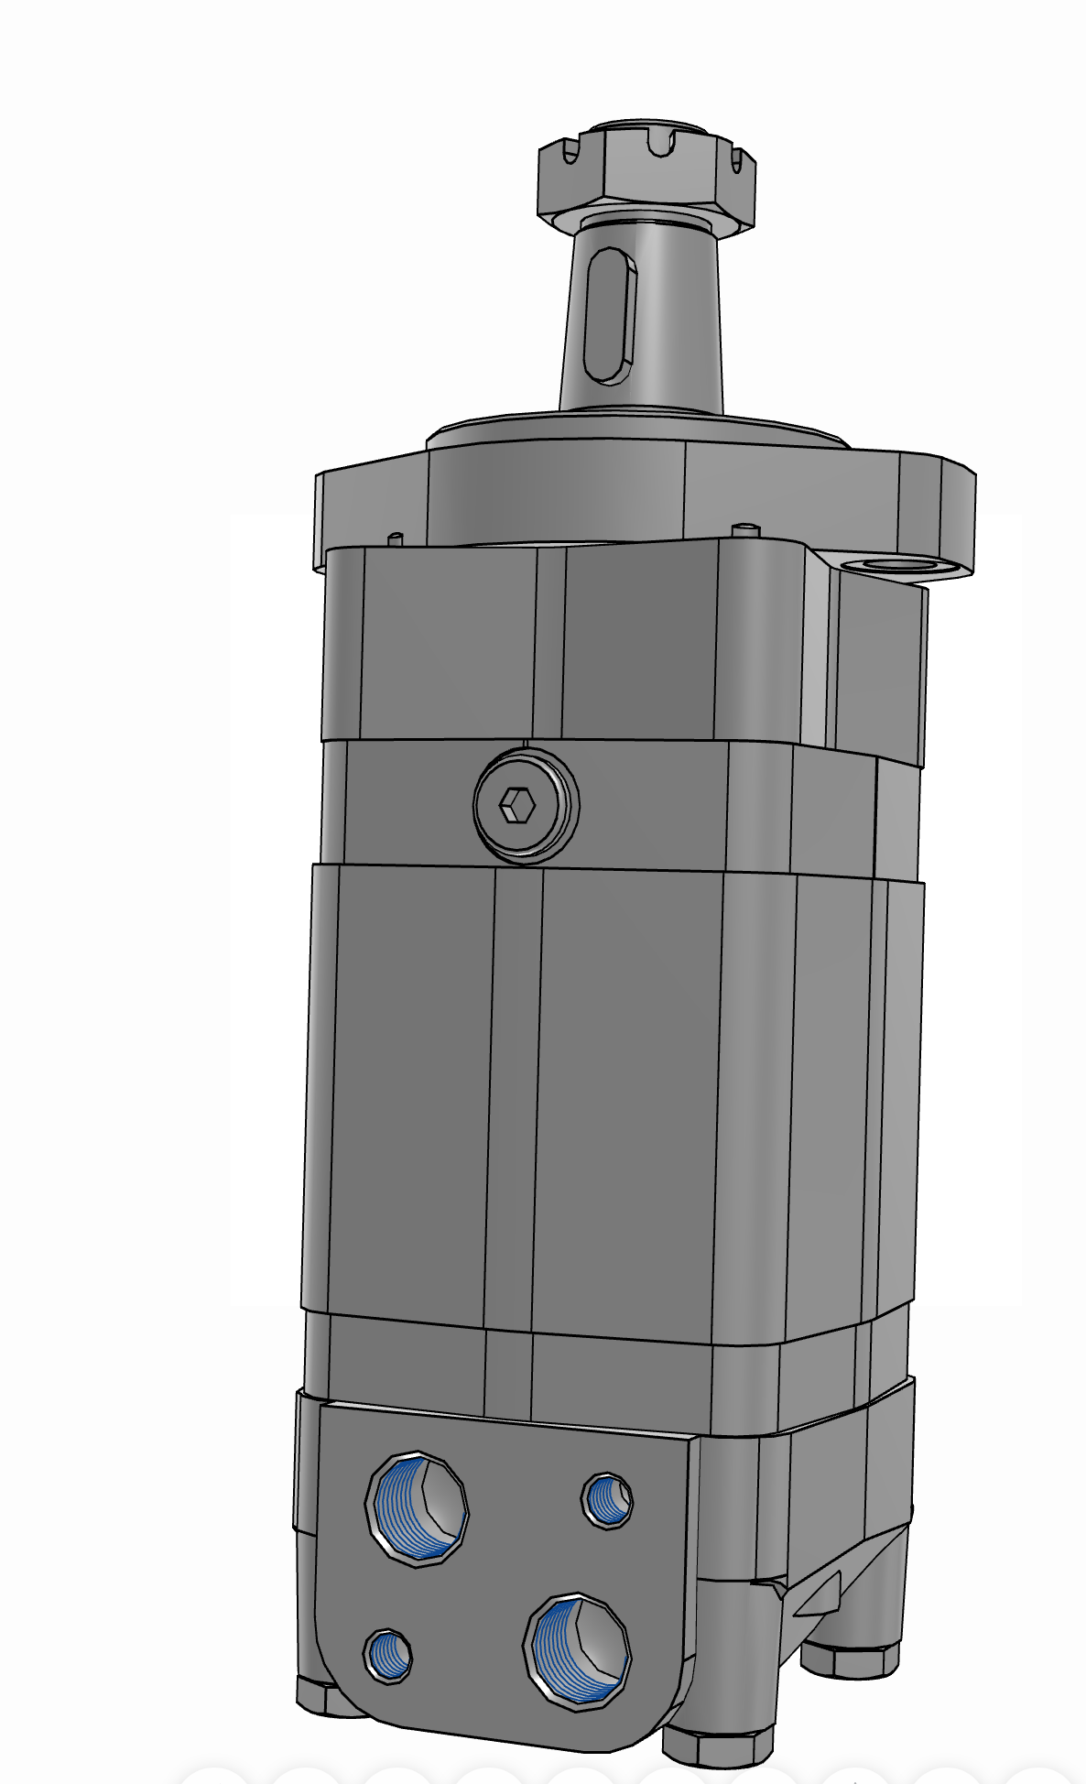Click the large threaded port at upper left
[x=417, y=1507]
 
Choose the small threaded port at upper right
[x=607, y=1499]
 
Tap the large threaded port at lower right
[x=579, y=1650]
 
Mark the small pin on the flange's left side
[x=396, y=538]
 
